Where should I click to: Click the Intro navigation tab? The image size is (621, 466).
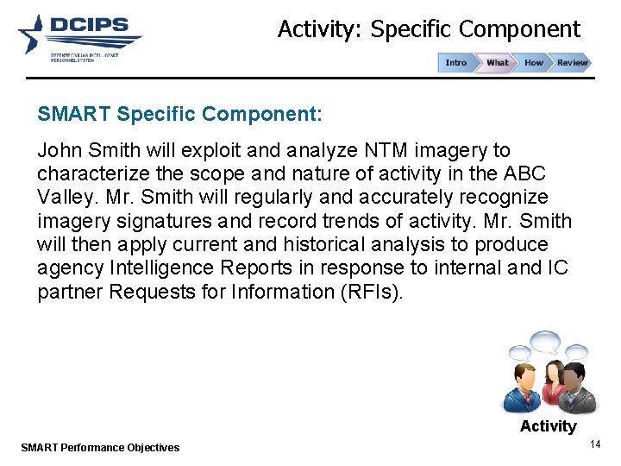[x=456, y=62]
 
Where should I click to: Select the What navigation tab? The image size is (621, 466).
[x=497, y=62]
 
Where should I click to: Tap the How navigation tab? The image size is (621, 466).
[x=534, y=62]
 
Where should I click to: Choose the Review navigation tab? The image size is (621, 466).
[x=572, y=62]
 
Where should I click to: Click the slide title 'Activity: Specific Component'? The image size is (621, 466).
[x=429, y=29]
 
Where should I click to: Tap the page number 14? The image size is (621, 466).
[x=594, y=444]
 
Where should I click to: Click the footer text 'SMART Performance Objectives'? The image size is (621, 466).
[x=99, y=447]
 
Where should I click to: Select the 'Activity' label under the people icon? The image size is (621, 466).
[x=548, y=425]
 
